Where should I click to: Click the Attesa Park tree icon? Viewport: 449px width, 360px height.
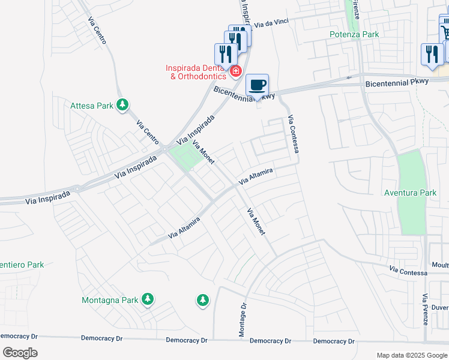(x=122, y=106)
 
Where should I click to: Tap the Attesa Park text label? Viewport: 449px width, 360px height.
(x=92, y=106)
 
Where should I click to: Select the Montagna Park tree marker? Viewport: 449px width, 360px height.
(x=147, y=299)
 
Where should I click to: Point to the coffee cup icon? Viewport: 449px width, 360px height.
(x=258, y=85)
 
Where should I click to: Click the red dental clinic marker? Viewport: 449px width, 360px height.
(x=236, y=71)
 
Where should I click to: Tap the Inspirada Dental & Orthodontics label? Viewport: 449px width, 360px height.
(x=197, y=72)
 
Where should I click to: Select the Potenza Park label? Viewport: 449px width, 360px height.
(x=354, y=34)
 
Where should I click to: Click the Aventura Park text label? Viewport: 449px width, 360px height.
(x=411, y=193)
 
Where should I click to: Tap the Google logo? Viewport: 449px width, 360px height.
(x=20, y=353)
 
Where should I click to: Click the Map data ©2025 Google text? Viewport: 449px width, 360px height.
(x=412, y=355)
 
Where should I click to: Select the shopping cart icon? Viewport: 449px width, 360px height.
(x=445, y=31)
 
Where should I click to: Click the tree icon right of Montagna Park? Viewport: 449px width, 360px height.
(x=202, y=299)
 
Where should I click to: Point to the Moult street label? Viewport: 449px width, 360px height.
(x=440, y=265)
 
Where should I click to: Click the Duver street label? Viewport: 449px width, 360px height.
(x=440, y=307)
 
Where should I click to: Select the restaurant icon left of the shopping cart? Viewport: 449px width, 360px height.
(x=432, y=53)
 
